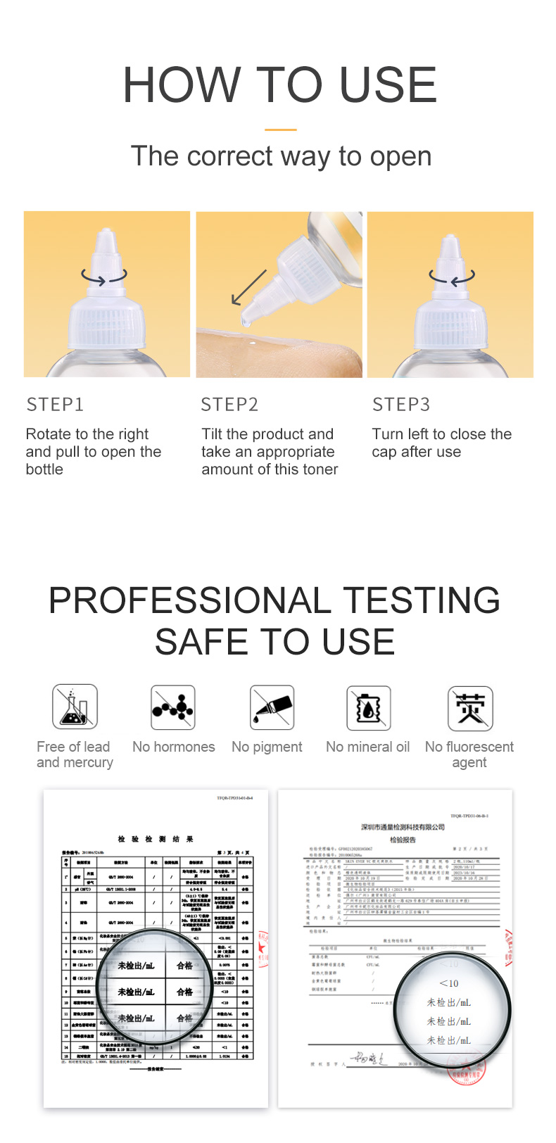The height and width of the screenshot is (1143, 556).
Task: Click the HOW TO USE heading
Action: (280, 85)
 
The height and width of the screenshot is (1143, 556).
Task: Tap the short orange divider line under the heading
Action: (280, 130)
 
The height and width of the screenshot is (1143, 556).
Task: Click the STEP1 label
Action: (55, 405)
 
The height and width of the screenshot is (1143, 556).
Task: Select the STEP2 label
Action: (229, 405)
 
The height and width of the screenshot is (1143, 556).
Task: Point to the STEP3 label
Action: (401, 405)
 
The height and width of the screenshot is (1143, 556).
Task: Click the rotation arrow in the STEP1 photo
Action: (104, 277)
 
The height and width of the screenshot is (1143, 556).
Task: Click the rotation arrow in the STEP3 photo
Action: (452, 277)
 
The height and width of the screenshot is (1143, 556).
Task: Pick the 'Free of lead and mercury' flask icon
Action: (75, 707)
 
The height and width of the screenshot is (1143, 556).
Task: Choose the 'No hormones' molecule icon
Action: (173, 707)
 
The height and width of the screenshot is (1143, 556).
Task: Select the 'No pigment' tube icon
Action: (272, 707)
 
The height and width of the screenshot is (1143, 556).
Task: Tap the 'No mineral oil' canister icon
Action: (369, 708)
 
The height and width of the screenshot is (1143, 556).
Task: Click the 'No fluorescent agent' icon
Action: (470, 708)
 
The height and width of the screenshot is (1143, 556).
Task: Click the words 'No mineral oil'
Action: (367, 747)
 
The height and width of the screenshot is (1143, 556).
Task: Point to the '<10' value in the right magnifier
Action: (448, 983)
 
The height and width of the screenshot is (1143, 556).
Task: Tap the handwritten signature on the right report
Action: (367, 1059)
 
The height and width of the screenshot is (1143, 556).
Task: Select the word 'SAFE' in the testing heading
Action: (204, 642)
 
